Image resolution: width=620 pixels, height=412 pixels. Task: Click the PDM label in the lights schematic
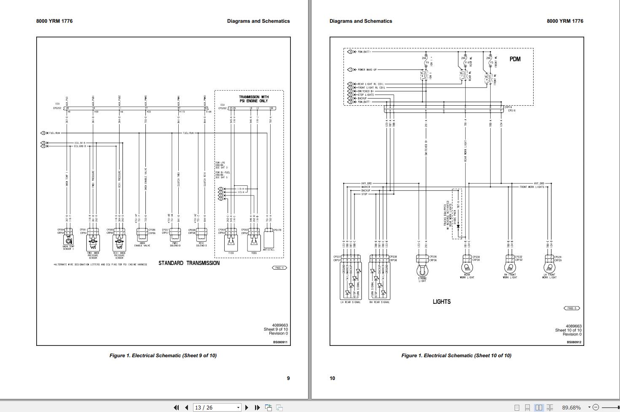[x=515, y=59]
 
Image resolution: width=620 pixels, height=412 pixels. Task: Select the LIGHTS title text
[x=441, y=302]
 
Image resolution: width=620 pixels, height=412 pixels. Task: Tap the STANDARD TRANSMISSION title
[x=189, y=263]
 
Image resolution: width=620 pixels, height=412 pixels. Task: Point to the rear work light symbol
[x=467, y=267]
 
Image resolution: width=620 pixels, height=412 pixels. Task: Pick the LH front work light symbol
[x=550, y=267]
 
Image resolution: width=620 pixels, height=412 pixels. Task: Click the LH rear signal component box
[x=350, y=280]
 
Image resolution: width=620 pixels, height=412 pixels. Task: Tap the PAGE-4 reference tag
[x=279, y=268]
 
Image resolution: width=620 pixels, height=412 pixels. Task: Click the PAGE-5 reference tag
[x=572, y=308]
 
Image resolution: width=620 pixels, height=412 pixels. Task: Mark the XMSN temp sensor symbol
[x=69, y=241]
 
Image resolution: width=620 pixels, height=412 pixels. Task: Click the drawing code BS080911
[x=280, y=342]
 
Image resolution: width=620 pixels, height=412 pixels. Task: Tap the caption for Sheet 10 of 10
[x=456, y=356]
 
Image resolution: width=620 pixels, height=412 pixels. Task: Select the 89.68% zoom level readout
[x=571, y=407]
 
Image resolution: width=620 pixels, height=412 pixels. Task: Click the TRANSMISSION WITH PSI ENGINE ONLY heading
[x=254, y=99]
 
